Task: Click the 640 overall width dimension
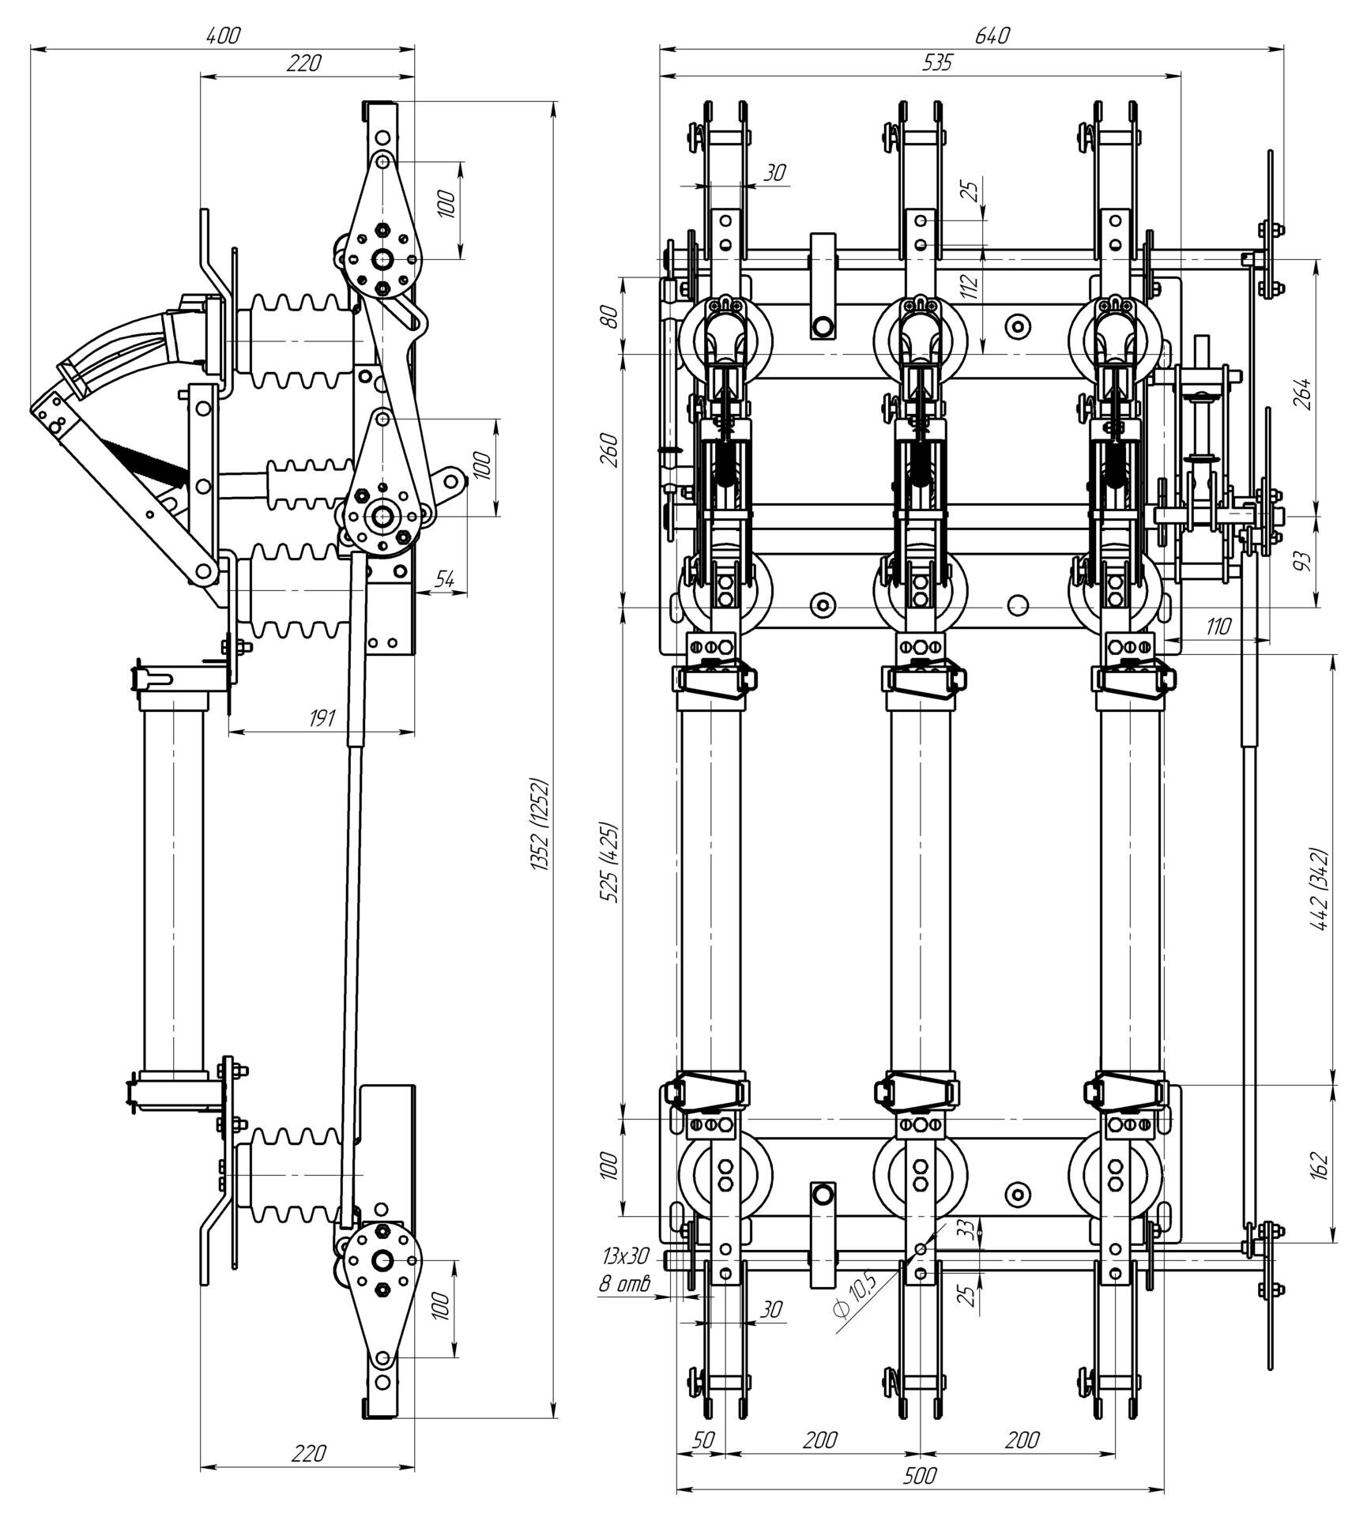(x=992, y=36)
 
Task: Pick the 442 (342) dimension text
(x=1320, y=890)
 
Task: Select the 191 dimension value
(x=322, y=718)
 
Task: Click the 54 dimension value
(x=445, y=579)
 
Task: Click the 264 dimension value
(x=1304, y=393)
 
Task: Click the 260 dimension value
(x=609, y=450)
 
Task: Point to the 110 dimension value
(x=1218, y=627)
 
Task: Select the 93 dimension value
(x=1304, y=559)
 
